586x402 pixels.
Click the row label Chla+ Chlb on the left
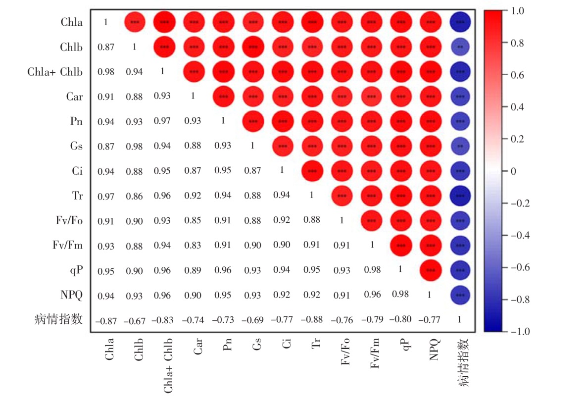click(x=55, y=72)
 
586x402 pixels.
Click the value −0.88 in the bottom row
click(x=312, y=320)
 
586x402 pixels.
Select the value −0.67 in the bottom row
click(x=134, y=320)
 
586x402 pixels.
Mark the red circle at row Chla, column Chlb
click(x=134, y=22)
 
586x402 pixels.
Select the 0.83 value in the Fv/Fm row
click(x=193, y=246)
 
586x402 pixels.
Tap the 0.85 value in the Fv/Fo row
click(x=193, y=221)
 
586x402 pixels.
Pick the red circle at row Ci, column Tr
click(x=312, y=171)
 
